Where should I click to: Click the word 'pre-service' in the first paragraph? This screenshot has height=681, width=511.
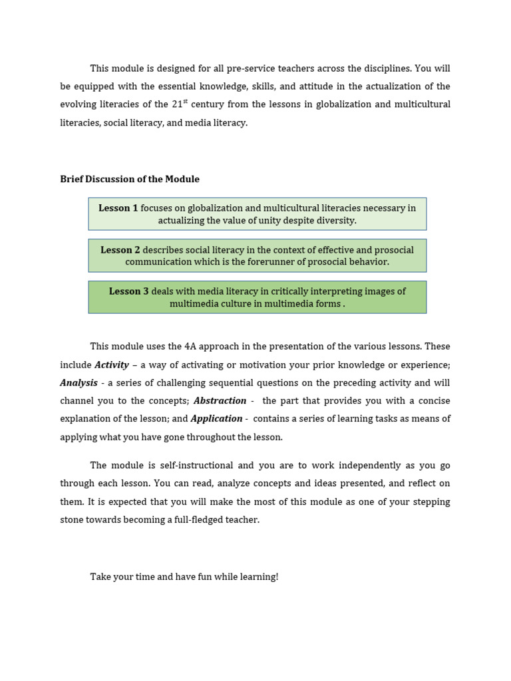(250, 68)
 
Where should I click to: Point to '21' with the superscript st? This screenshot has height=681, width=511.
(176, 104)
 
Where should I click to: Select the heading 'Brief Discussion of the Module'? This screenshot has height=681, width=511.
(130, 180)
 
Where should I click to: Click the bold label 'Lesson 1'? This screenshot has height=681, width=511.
(118, 208)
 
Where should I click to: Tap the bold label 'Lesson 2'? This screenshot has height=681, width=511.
(120, 250)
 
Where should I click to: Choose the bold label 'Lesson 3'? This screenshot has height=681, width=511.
(129, 291)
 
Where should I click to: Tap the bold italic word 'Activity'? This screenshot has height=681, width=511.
(112, 365)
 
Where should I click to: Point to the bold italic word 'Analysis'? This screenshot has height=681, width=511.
(79, 383)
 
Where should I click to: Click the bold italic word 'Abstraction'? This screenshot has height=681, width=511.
(220, 401)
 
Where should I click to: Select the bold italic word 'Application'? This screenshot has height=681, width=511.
(216, 419)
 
